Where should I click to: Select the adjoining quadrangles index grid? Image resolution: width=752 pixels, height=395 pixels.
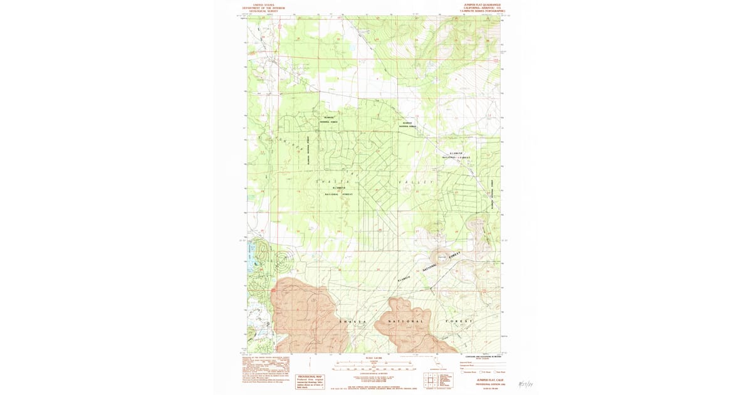point(431,379)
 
